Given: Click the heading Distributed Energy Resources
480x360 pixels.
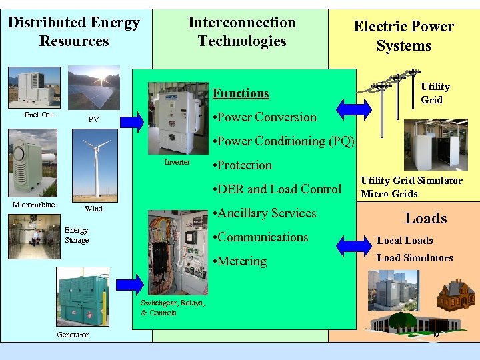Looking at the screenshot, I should pyautogui.click(x=74, y=31).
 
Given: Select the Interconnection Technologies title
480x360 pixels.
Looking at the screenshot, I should pyautogui.click(x=241, y=31).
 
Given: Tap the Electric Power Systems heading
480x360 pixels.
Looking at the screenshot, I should pyautogui.click(x=403, y=36).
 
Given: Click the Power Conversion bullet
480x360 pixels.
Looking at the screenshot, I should pyautogui.click(x=263, y=117).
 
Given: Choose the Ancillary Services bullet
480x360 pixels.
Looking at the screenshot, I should pyautogui.click(x=263, y=213).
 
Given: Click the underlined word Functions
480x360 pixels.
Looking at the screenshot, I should pyautogui.click(x=241, y=93).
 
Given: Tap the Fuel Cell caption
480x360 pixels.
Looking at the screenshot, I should pyautogui.click(x=39, y=115).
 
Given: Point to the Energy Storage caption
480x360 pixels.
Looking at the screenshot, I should pyautogui.click(x=76, y=235).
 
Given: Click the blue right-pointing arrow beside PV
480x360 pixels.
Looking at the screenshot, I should pyautogui.click(x=131, y=121).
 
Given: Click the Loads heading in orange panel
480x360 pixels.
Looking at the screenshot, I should pyautogui.click(x=425, y=219).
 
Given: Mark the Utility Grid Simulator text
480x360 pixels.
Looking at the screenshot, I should pyautogui.click(x=411, y=181).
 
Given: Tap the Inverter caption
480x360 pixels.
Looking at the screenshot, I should pyautogui.click(x=177, y=162).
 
